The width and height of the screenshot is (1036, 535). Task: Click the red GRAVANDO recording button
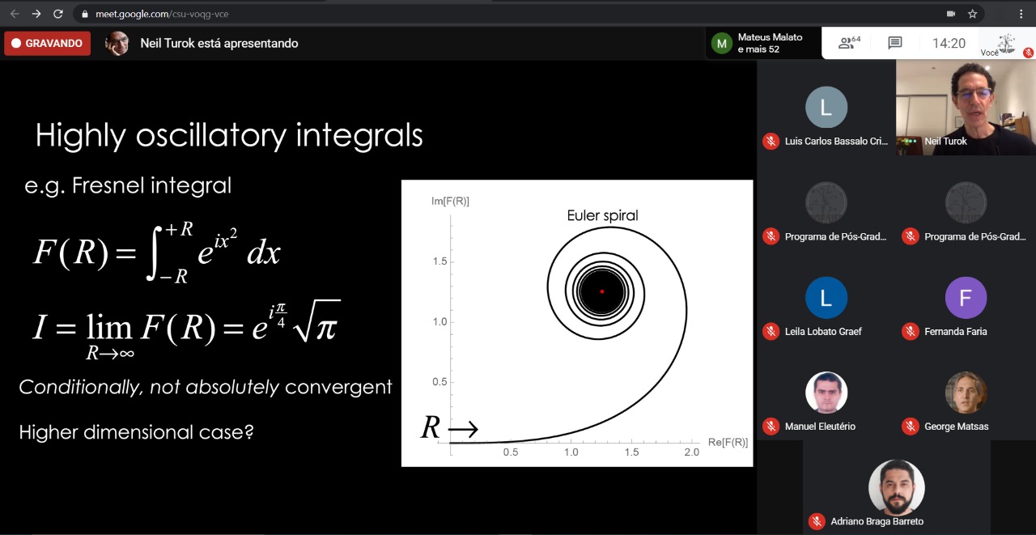point(47,43)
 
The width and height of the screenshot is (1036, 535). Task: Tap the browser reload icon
point(57,14)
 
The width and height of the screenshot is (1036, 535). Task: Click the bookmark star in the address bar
point(973,14)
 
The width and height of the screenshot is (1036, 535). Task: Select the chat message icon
point(895,43)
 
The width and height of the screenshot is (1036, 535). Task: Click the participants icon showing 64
point(849,43)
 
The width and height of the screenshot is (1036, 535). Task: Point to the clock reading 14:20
point(949,43)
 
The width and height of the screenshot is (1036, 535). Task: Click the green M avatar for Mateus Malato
point(721,44)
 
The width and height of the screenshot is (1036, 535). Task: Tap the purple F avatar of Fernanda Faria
point(966,298)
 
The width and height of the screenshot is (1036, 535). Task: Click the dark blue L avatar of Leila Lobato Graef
point(826,298)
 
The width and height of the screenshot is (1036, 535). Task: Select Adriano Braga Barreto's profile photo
point(896,487)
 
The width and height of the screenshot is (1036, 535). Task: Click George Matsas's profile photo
point(966,393)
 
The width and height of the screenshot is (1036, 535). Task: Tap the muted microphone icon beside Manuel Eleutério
point(771,426)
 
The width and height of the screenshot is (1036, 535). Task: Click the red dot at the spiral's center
point(601,291)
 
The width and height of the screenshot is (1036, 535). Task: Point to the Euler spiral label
point(602,215)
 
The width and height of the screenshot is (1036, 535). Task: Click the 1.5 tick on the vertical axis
point(439,261)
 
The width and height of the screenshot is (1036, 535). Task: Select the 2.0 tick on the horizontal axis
point(691,452)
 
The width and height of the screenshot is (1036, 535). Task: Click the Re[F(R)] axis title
point(728,442)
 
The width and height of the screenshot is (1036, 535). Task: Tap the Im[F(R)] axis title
point(450,202)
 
